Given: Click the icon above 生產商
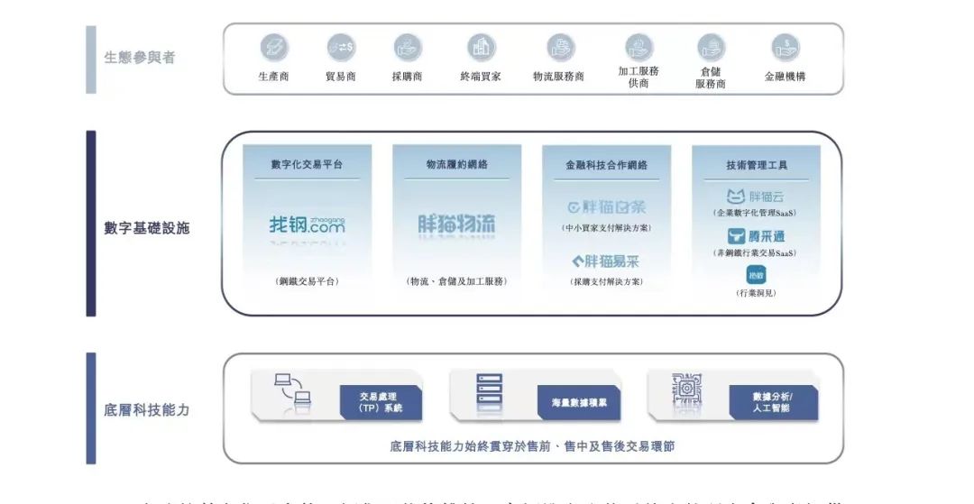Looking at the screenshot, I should (273, 48).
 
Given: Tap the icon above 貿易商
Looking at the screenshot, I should (341, 48).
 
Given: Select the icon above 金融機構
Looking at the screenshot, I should (785, 48).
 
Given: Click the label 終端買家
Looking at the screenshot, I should (482, 77).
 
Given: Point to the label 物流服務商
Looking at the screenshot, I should (558, 77).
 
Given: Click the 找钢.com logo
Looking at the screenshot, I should (307, 225).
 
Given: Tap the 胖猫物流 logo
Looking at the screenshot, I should (456, 225).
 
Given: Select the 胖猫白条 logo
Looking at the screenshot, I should (606, 207).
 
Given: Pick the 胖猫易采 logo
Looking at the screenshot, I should (606, 262).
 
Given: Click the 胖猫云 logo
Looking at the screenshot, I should (757, 197).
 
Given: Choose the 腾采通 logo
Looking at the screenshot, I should (757, 237).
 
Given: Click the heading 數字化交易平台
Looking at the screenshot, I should (307, 165).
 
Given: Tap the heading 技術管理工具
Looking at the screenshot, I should (757, 165).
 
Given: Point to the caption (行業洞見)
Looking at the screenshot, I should (756, 293).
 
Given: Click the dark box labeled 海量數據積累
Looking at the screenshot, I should (579, 402).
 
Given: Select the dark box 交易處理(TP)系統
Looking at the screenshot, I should (381, 402).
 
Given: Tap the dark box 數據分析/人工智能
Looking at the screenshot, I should (772, 402).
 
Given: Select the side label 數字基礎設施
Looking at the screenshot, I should (147, 228).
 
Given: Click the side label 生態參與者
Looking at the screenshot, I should (140, 58).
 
